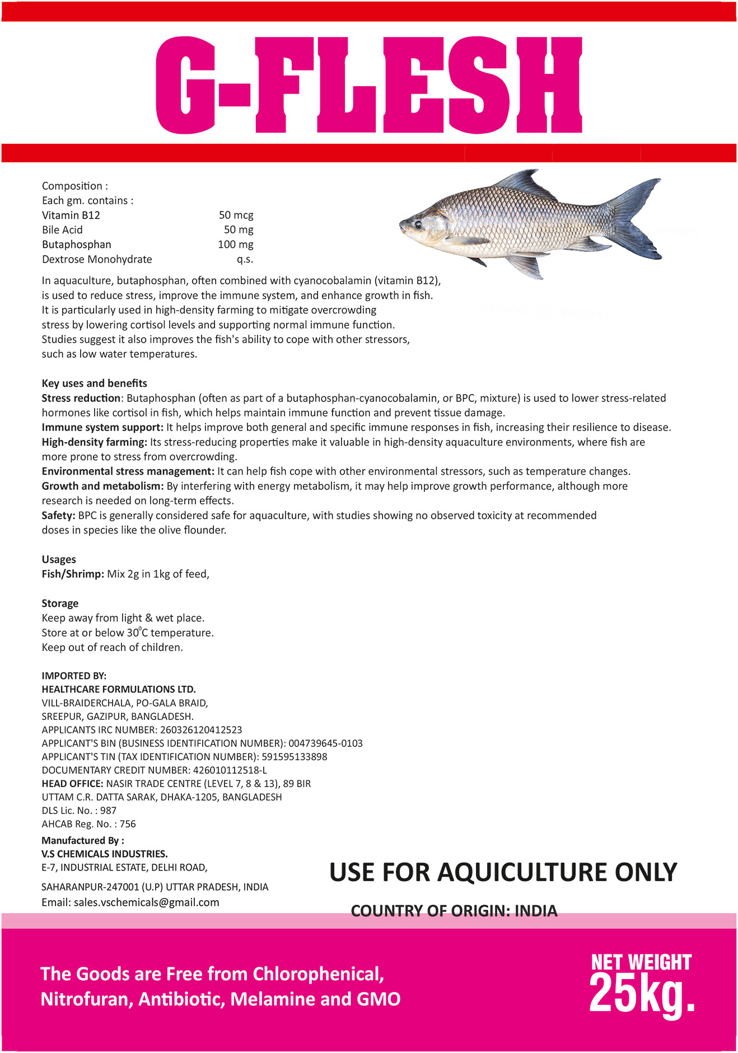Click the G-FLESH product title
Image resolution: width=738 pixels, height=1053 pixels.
(x=368, y=85)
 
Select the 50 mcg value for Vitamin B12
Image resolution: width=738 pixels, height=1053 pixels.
(x=236, y=215)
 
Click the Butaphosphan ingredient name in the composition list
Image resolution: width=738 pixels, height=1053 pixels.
(x=77, y=245)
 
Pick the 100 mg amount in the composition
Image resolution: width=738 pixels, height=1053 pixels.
(x=235, y=245)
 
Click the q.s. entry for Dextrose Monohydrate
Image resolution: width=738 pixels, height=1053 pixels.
(x=245, y=259)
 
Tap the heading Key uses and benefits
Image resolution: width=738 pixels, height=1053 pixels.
(x=94, y=383)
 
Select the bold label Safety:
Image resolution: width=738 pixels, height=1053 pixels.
(x=58, y=516)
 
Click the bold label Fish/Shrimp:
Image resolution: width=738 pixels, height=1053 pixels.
(x=73, y=574)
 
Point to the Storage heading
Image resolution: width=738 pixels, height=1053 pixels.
(x=60, y=603)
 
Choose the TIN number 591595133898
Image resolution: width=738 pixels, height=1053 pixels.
(x=295, y=757)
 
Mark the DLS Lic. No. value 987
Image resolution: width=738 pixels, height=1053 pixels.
(x=109, y=811)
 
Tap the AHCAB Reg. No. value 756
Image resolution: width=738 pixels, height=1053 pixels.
(x=128, y=824)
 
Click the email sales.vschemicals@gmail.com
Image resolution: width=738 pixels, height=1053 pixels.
(x=146, y=902)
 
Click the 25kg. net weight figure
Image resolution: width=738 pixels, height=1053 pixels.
(x=641, y=993)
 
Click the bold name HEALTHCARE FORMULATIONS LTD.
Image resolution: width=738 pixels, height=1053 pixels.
(x=119, y=689)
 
